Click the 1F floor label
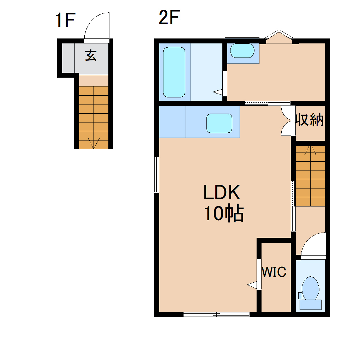tap(65, 20)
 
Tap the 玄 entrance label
tap(90, 55)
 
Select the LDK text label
tap(222, 193)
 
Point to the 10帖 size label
tap(224, 214)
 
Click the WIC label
tap(274, 272)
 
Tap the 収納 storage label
tap(310, 120)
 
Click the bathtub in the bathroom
tap(174, 72)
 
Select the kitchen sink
tap(219, 123)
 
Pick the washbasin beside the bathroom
tap(242, 52)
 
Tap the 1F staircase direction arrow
tap(93, 143)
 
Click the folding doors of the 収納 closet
tap(287, 121)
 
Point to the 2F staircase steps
tap(310, 176)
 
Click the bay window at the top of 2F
tap(280, 36)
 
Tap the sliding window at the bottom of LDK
tap(216, 314)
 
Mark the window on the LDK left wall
tap(156, 174)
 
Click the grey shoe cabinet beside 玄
tap(68, 57)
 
